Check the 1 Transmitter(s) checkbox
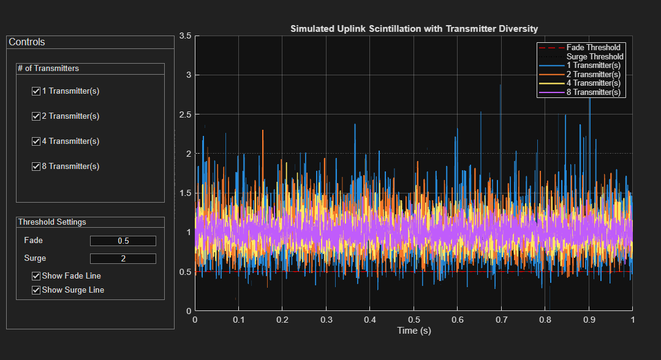coord(36,91)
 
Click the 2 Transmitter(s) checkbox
coord(36,116)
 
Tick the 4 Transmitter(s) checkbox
coord(36,141)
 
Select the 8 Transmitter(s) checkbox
coord(36,167)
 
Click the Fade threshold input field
coord(123,241)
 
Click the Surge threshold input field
coord(123,259)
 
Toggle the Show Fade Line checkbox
coord(36,276)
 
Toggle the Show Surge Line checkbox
coord(36,290)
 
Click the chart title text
coord(414,28)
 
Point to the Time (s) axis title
coord(414,331)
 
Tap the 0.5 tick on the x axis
coord(414,320)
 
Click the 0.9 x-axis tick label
coord(589,320)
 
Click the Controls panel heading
coord(27,42)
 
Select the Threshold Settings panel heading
coord(52,222)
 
